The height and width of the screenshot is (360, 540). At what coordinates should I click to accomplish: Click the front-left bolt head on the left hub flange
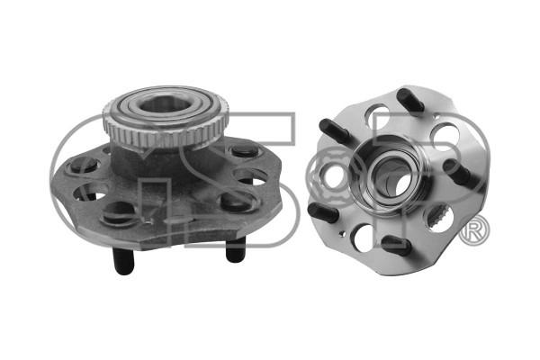click(118, 212)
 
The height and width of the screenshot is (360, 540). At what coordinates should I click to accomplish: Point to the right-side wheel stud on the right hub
click(463, 173)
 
